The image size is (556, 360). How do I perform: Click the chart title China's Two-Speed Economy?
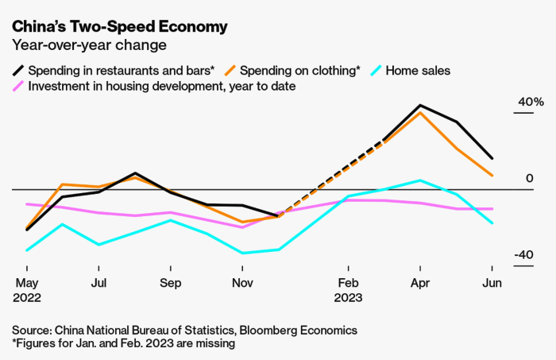point(119,26)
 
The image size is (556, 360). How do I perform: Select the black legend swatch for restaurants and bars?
point(20,71)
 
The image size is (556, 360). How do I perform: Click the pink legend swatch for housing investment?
point(20,86)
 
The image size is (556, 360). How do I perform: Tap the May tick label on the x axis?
point(28,282)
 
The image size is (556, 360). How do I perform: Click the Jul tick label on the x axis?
point(99,282)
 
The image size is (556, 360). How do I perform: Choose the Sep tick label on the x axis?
point(171,282)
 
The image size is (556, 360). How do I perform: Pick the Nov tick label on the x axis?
point(243,282)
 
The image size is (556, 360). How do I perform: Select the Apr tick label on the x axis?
point(419,282)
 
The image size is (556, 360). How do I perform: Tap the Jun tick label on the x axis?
point(492,282)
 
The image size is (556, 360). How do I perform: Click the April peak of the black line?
point(419,105)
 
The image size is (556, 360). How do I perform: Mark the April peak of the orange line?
point(419,112)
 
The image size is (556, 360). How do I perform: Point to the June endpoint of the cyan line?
point(492,223)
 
